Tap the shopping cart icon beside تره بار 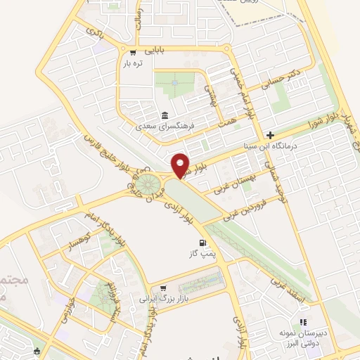coord(132,53)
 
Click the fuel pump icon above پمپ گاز coord(193,243)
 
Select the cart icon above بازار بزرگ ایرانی coord(164,288)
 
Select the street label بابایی coord(155,51)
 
